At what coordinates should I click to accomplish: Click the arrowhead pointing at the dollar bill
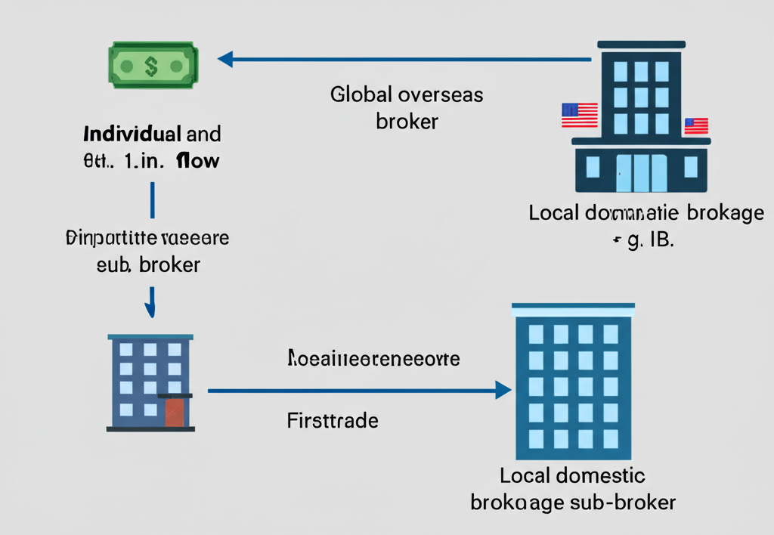(x=225, y=58)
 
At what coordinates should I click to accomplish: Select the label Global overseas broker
(x=407, y=107)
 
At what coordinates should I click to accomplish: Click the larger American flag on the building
(x=579, y=115)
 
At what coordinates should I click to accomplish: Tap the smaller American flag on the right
(x=695, y=125)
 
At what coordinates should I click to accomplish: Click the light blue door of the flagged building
(x=641, y=173)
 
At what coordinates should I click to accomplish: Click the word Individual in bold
(x=132, y=135)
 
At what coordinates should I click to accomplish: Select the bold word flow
(x=197, y=160)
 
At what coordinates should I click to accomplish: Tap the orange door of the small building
(x=175, y=413)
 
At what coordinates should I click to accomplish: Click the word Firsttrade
(x=333, y=420)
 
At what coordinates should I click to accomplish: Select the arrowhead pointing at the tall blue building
(x=503, y=390)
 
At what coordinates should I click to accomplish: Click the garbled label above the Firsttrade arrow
(x=373, y=358)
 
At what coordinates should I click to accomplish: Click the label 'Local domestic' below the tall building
(x=572, y=476)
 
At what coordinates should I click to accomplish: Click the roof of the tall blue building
(x=573, y=308)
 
